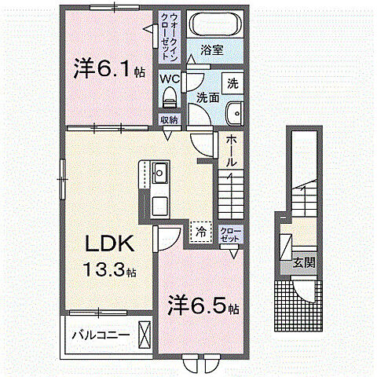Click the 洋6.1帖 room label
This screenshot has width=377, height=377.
tap(109, 69)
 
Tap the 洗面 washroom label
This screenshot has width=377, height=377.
tap(207, 98)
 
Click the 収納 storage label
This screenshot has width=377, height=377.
tap(169, 120)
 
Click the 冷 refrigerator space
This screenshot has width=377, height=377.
tap(200, 232)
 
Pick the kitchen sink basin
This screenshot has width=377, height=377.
tap(159, 171)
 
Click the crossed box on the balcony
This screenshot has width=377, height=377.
tap(145, 333)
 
